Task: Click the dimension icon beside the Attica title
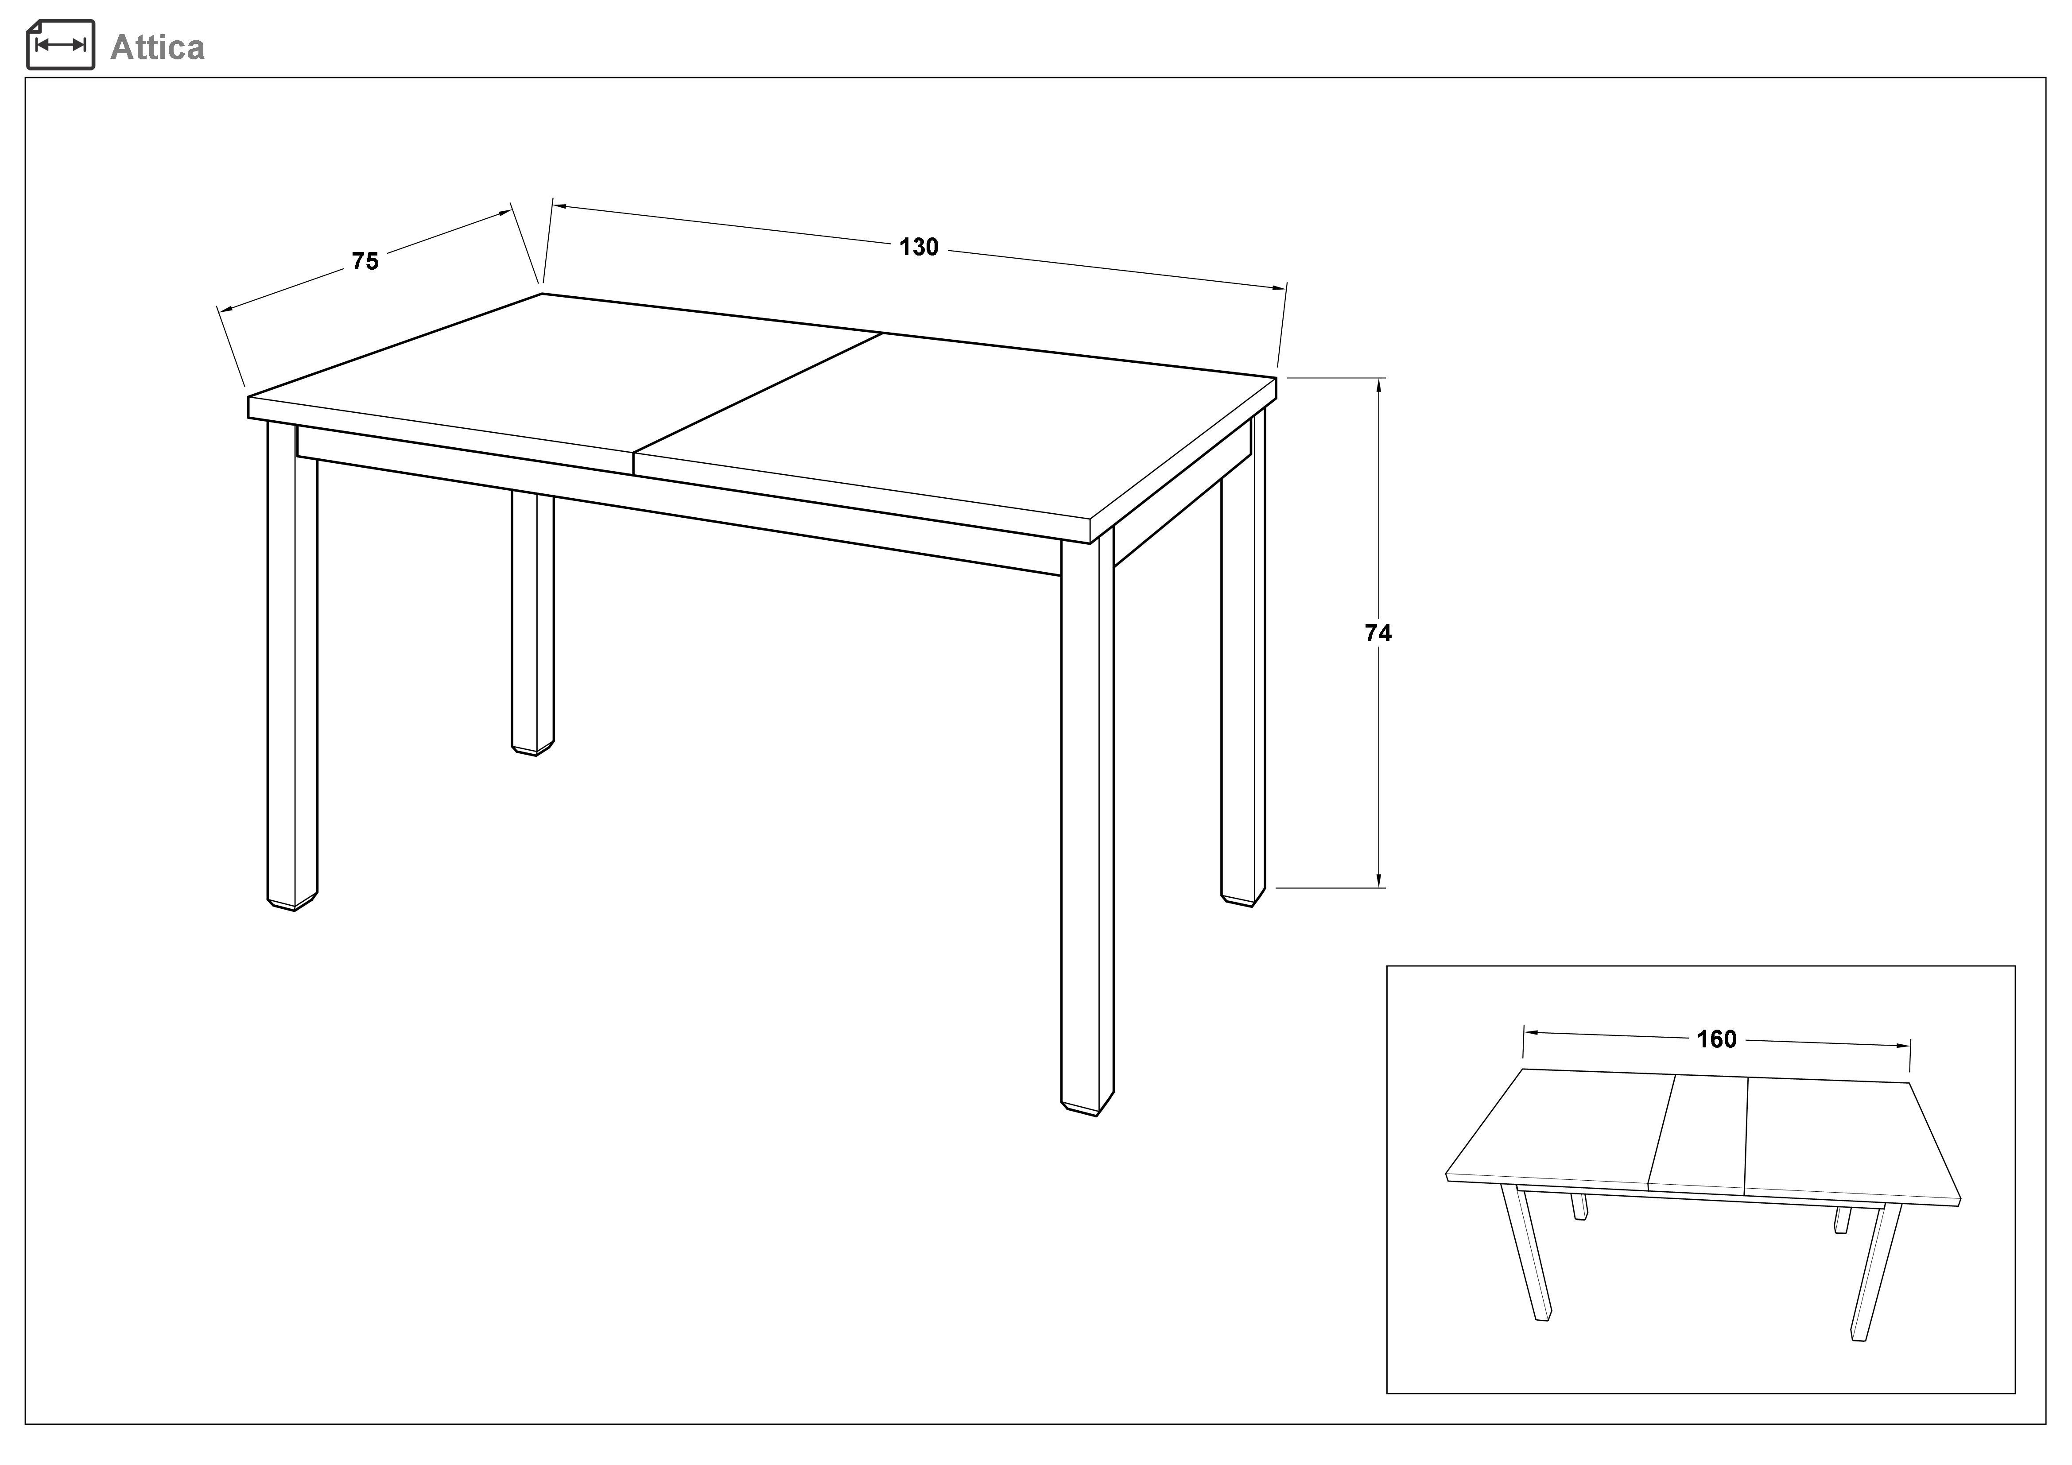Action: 61,44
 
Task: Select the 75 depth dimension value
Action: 365,262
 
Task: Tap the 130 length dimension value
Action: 919,247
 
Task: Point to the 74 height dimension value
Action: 1378,634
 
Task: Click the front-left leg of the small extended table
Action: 1526,1254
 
